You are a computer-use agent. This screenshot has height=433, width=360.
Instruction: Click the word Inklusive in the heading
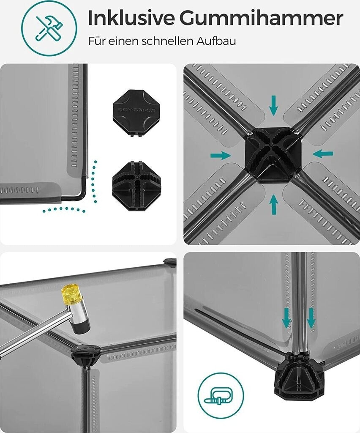click(x=131, y=18)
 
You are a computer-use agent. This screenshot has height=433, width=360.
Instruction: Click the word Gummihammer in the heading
click(x=261, y=18)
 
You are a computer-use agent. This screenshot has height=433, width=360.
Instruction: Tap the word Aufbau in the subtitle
click(x=216, y=41)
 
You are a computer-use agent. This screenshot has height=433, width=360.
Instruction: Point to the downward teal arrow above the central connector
click(x=273, y=105)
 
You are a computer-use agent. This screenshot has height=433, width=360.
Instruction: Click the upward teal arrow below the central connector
click(x=273, y=204)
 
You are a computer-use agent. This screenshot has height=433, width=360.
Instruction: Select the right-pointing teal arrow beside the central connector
click(x=221, y=155)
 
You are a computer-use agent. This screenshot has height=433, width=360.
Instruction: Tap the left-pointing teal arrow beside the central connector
click(x=323, y=153)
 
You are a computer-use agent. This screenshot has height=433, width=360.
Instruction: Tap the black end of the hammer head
click(x=82, y=327)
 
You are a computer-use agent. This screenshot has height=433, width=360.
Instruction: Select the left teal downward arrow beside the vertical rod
click(x=286, y=318)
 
